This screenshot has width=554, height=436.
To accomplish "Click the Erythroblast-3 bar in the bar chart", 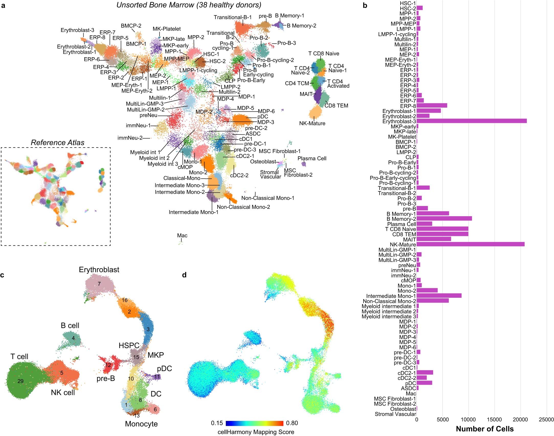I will [471, 121].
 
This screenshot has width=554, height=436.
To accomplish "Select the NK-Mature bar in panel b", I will [470, 244].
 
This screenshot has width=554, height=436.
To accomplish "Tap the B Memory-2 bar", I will [444, 219].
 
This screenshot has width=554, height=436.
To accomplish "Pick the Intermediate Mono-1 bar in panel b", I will [439, 296].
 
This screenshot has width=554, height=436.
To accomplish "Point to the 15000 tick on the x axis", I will [494, 419].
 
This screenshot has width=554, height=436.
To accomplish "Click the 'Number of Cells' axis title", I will [485, 429].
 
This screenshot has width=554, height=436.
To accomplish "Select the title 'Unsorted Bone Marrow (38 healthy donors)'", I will [189, 5].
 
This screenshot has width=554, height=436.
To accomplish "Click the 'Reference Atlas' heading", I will [58, 143].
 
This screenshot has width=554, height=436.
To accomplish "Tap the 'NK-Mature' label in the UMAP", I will [312, 123].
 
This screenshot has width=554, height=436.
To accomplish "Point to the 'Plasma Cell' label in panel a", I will [312, 158].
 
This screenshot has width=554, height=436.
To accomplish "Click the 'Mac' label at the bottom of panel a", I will [182, 235].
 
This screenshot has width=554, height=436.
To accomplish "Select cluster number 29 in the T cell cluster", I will [20, 381].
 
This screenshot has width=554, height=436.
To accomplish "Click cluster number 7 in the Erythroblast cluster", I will [99, 284].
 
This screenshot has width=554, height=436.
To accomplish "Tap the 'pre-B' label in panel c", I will [106, 378].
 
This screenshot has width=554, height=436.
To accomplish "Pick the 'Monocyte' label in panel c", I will [141, 424].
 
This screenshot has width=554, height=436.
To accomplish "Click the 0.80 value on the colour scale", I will [292, 423].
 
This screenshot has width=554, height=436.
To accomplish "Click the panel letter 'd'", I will [184, 275].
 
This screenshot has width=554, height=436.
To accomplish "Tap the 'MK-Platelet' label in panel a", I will [167, 29].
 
